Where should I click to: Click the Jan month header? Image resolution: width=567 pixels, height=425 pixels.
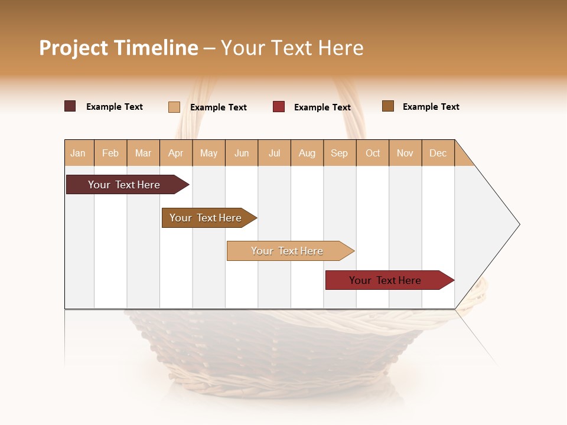(78, 153)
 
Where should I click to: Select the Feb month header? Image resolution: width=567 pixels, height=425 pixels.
(110, 153)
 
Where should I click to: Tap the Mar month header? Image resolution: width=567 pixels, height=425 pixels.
(143, 153)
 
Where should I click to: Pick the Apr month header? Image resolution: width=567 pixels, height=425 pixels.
(175, 153)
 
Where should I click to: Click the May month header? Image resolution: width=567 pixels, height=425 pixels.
(208, 153)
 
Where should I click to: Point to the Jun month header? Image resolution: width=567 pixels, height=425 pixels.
(242, 153)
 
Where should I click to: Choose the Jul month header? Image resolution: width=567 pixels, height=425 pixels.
(274, 153)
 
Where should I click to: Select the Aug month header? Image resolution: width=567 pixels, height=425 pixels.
(307, 153)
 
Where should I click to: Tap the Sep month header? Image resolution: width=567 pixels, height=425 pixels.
(339, 153)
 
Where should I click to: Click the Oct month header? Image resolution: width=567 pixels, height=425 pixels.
(373, 153)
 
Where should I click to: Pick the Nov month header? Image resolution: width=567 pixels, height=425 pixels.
(405, 153)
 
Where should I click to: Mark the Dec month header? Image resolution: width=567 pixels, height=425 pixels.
(438, 153)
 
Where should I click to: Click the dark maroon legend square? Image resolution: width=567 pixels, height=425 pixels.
(70, 106)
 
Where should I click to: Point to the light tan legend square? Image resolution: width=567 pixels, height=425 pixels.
(174, 107)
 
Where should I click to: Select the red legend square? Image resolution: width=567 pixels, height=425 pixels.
(279, 107)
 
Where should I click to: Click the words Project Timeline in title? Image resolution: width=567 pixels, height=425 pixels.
(119, 48)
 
